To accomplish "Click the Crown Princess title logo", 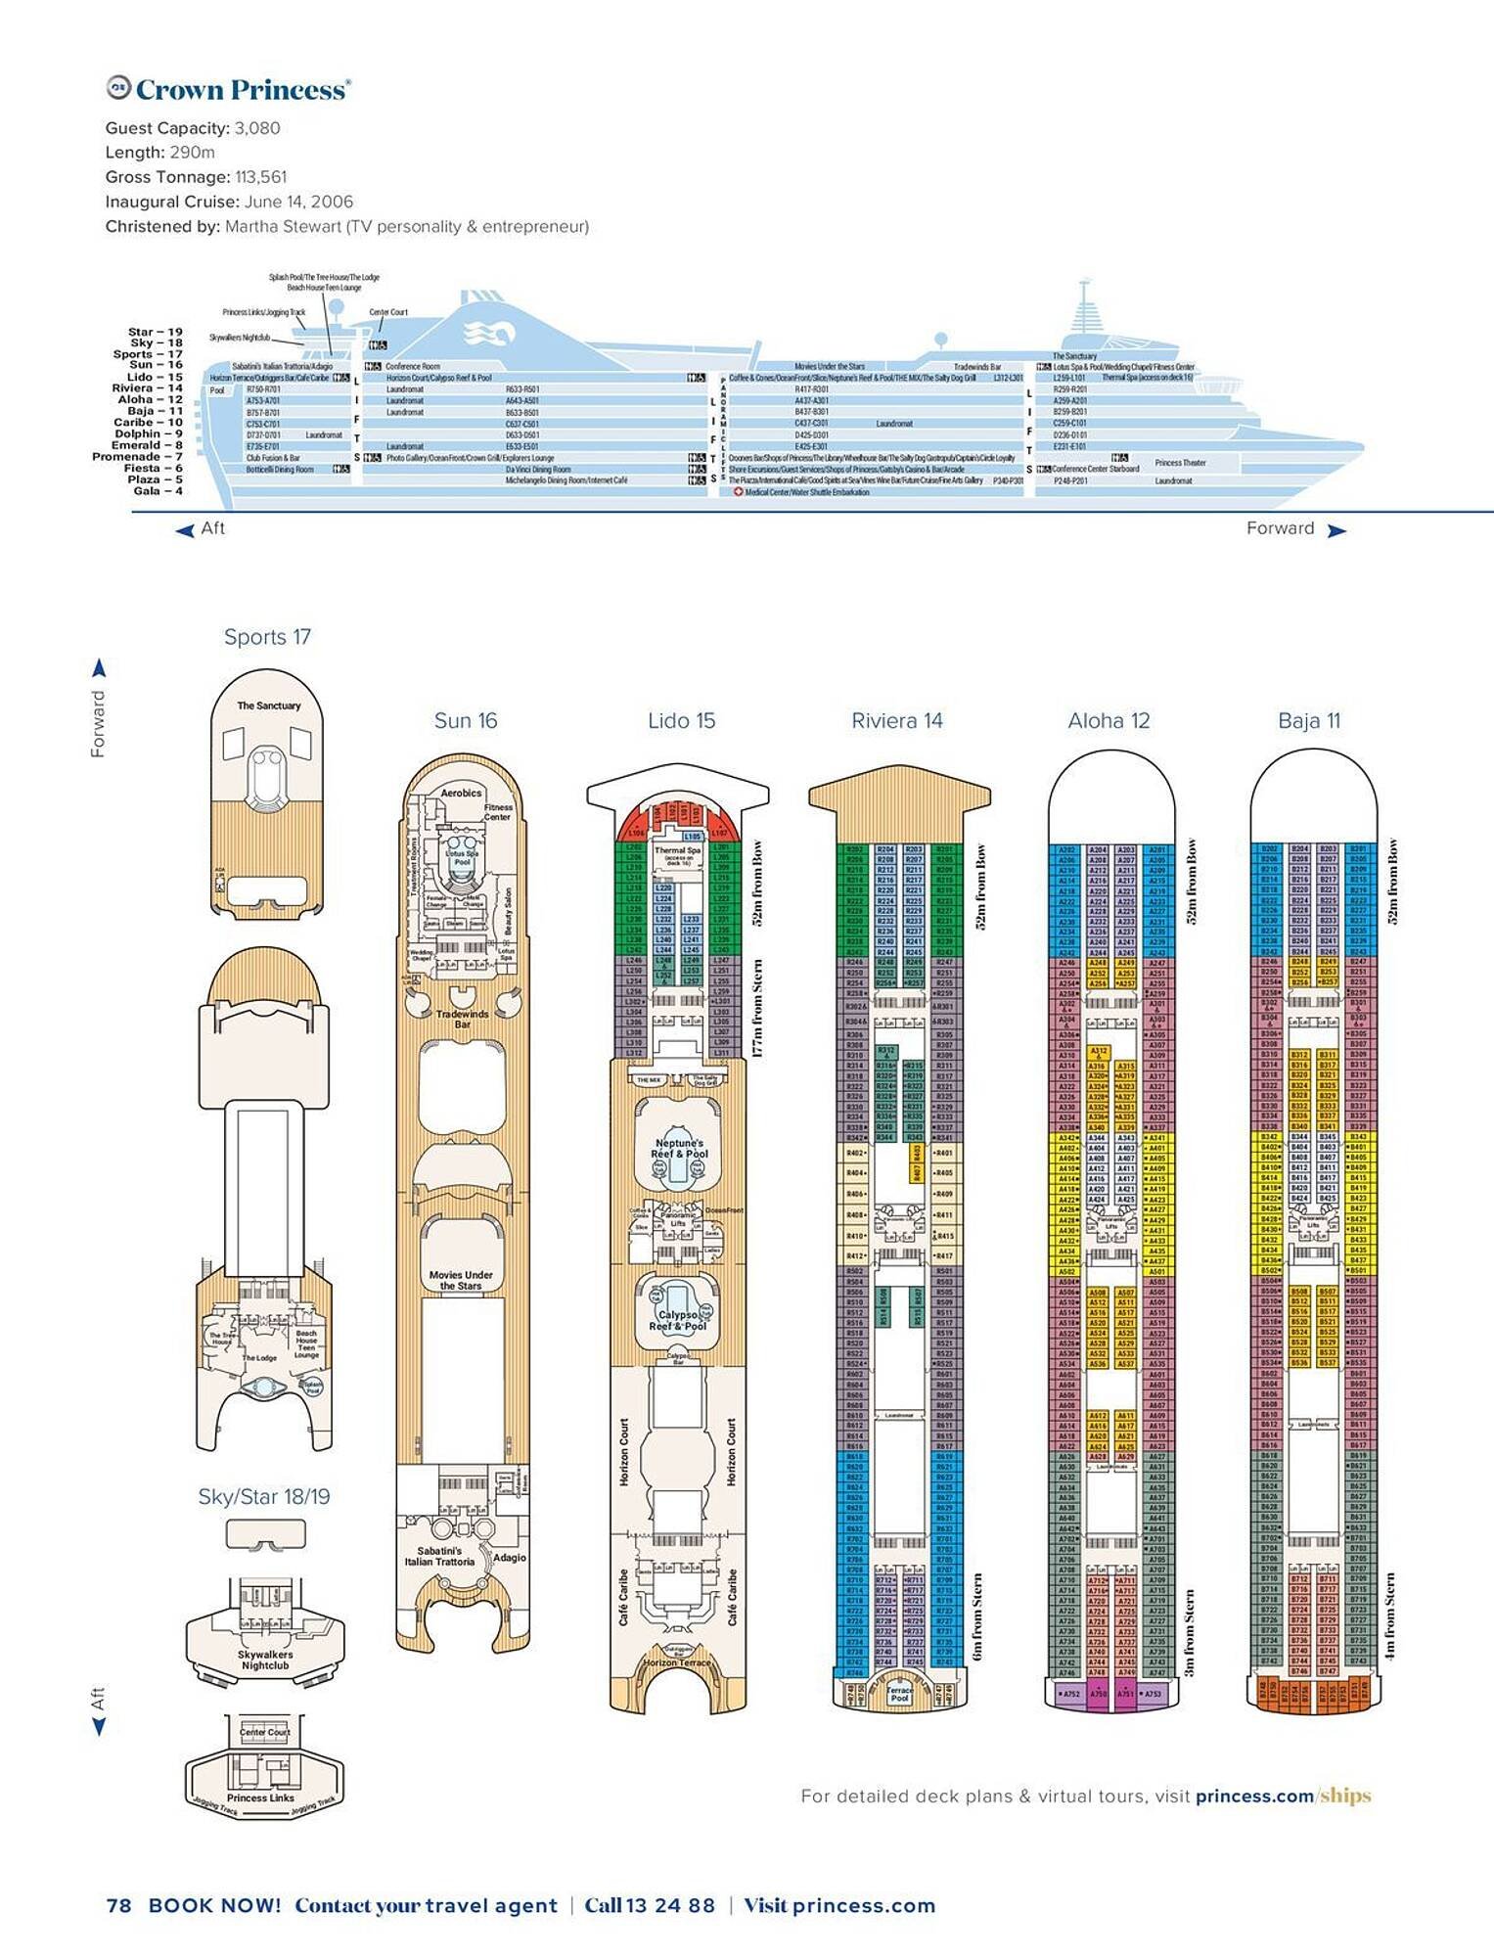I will (228, 90).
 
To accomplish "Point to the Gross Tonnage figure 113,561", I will (261, 177).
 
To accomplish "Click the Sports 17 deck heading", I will (267, 637).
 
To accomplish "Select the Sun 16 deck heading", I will (466, 721).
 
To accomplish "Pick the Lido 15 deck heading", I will (681, 721).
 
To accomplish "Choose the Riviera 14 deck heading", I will (896, 721).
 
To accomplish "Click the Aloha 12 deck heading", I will (1109, 721).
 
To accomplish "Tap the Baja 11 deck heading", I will (1309, 721).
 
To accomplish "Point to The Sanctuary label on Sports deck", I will (269, 705).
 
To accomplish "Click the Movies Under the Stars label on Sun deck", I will (461, 1280).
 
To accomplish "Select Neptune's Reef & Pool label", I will (679, 1149).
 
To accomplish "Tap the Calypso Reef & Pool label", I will (678, 1320).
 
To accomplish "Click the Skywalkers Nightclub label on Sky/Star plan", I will (265, 1660).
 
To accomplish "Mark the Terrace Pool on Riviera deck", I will (899, 1694).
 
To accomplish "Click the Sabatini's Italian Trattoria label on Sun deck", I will (439, 1556).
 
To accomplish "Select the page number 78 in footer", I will (118, 1905).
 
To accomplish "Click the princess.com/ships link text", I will (1283, 1796).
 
